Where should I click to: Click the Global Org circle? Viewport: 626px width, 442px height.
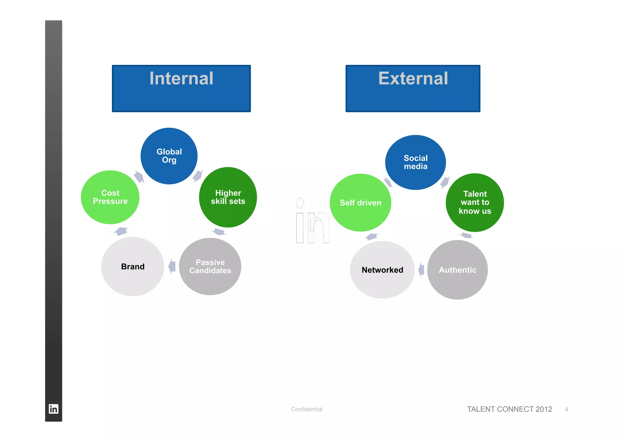(x=169, y=156)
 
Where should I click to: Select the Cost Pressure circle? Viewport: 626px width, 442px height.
(x=110, y=197)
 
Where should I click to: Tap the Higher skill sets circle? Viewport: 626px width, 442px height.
(x=228, y=197)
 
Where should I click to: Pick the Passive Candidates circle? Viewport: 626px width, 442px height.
(x=210, y=267)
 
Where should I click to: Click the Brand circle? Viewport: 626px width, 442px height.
(x=133, y=267)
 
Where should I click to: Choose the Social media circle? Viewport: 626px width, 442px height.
(x=415, y=163)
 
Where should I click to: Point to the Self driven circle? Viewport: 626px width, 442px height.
(x=360, y=203)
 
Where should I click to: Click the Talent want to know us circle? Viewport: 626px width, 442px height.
(x=475, y=203)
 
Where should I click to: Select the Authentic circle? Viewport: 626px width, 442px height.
(x=457, y=270)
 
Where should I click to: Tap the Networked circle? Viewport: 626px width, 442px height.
(x=382, y=270)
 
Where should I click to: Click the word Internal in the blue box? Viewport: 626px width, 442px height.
(x=181, y=79)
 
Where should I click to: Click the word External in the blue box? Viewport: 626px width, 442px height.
(x=413, y=79)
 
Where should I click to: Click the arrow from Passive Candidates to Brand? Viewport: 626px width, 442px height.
(x=172, y=266)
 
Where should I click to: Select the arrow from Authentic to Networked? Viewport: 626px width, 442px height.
(x=422, y=270)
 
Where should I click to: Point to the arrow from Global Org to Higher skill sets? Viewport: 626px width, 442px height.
(x=197, y=176)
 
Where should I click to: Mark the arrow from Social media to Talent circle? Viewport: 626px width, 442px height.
(x=445, y=182)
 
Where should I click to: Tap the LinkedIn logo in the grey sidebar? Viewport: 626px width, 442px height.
(x=53, y=409)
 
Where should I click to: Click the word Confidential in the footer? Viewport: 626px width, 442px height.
(x=307, y=409)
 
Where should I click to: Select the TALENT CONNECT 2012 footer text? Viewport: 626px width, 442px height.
(x=509, y=409)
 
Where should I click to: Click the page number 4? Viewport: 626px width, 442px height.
(x=566, y=409)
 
